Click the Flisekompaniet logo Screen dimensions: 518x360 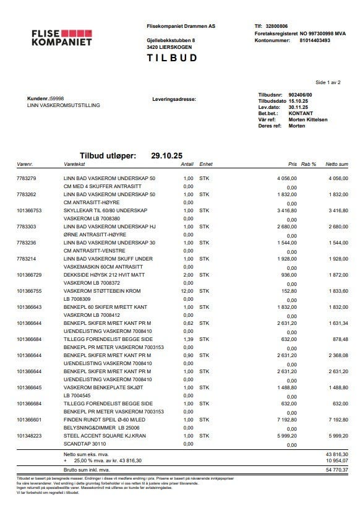pos(62,37)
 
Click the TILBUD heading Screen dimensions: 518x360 pos(172,58)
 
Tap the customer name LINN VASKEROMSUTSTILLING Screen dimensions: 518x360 pos(64,105)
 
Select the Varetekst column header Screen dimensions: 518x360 pos(75,165)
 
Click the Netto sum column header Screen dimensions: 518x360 pos(337,165)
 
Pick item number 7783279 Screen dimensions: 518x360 pos(27,178)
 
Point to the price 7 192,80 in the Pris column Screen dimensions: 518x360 pos(286,419)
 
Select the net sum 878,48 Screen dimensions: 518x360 pos(339,339)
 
